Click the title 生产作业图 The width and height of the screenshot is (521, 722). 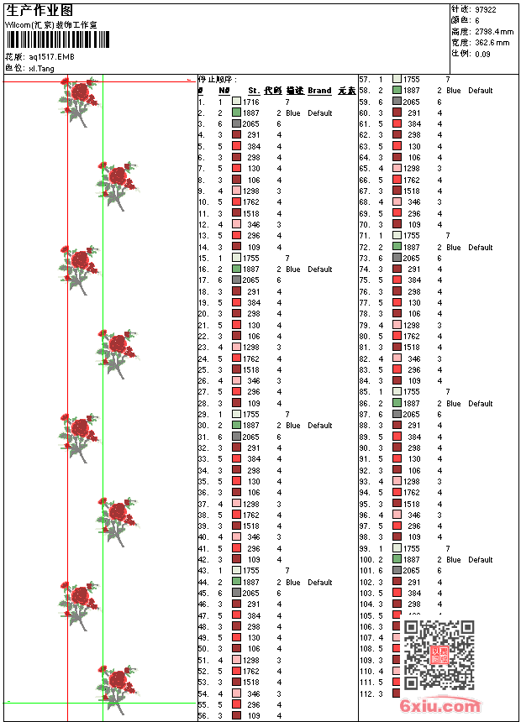click(x=39, y=10)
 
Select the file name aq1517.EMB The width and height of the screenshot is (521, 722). click(x=51, y=56)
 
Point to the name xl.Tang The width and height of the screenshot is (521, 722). click(x=42, y=68)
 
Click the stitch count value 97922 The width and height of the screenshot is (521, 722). click(x=486, y=9)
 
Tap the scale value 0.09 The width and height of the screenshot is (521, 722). click(x=482, y=53)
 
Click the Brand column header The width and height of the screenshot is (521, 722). click(x=319, y=91)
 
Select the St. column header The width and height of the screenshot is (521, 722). click(x=253, y=91)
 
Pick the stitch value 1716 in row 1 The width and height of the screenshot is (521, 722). click(x=251, y=102)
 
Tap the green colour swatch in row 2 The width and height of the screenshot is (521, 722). click(x=236, y=112)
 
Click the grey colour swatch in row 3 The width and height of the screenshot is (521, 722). click(x=236, y=124)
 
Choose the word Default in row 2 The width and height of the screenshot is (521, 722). click(x=319, y=112)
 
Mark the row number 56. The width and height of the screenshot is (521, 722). click(x=203, y=716)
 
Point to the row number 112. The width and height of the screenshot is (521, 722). click(x=366, y=693)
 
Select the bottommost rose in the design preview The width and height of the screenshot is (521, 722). click(x=118, y=682)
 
